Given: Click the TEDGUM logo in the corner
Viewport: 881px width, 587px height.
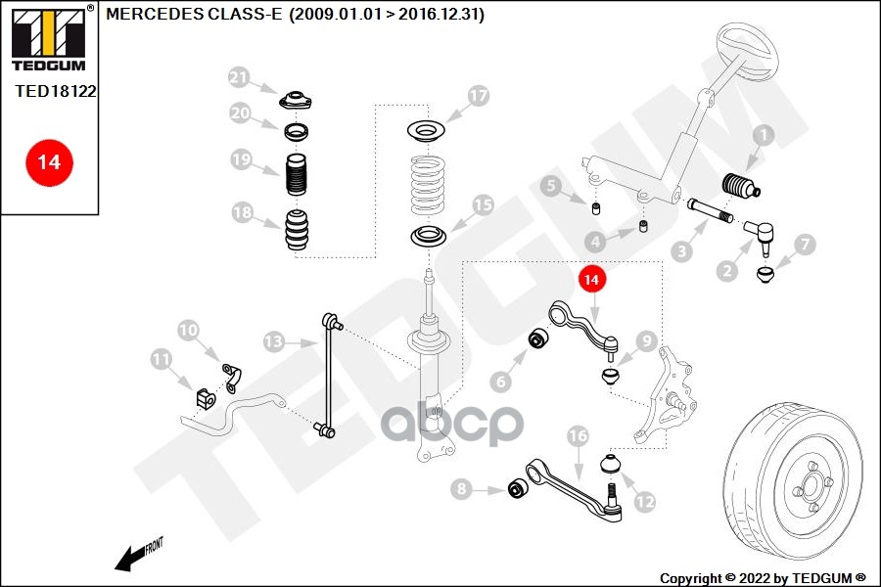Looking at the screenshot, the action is click(50, 39).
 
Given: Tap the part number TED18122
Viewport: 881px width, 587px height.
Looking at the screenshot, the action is click(56, 91).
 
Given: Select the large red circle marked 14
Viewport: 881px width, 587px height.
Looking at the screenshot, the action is click(49, 162).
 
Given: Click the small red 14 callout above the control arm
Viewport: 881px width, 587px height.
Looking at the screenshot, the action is click(591, 279).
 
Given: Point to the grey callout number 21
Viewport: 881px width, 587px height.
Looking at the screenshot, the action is click(239, 77).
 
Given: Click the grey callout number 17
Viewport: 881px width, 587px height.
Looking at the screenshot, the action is click(478, 96).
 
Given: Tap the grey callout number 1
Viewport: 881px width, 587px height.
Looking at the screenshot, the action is click(764, 134).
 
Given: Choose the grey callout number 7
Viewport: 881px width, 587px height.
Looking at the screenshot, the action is click(806, 244).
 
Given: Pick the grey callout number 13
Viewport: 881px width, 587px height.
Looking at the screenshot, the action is click(274, 341).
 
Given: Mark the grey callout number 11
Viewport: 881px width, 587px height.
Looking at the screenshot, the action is click(162, 359).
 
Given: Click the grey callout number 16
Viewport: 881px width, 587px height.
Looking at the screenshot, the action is click(578, 435).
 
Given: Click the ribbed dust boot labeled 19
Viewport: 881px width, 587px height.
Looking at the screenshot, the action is click(297, 174).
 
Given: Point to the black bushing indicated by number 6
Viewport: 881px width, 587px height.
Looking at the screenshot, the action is click(539, 339).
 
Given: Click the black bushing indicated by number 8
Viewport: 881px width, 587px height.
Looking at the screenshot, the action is click(517, 489).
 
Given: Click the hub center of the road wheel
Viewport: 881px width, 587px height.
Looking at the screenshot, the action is click(811, 483).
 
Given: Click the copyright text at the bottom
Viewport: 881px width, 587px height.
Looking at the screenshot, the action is click(763, 578).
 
